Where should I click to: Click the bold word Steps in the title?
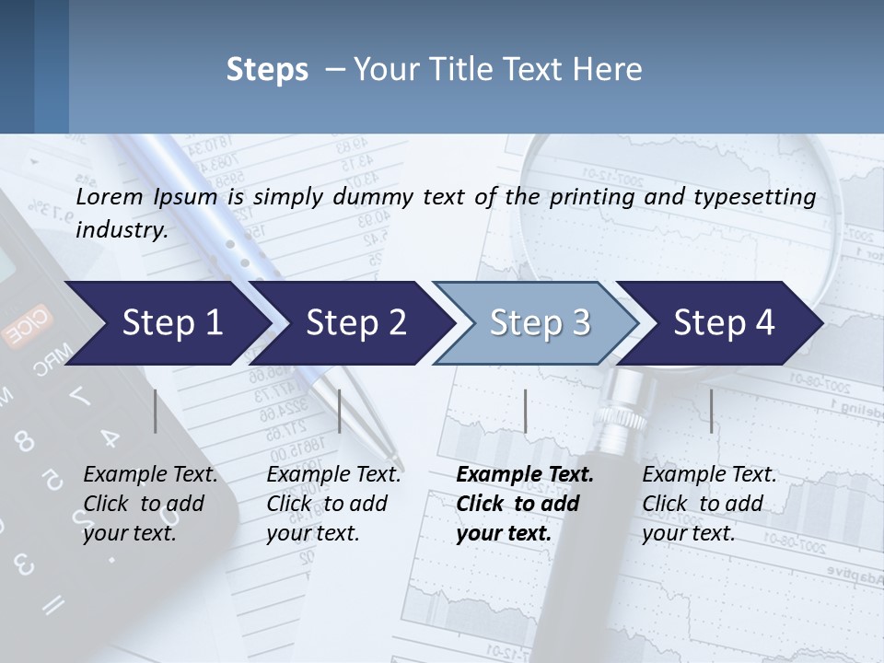(267, 70)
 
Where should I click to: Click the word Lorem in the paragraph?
(110, 196)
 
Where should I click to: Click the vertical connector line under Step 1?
(156, 411)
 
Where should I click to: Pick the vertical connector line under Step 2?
(340, 411)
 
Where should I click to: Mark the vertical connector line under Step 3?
(526, 411)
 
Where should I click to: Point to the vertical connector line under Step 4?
(711, 411)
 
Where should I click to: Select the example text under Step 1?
(150, 504)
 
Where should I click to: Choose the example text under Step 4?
(709, 504)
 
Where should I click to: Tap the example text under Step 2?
(333, 504)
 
